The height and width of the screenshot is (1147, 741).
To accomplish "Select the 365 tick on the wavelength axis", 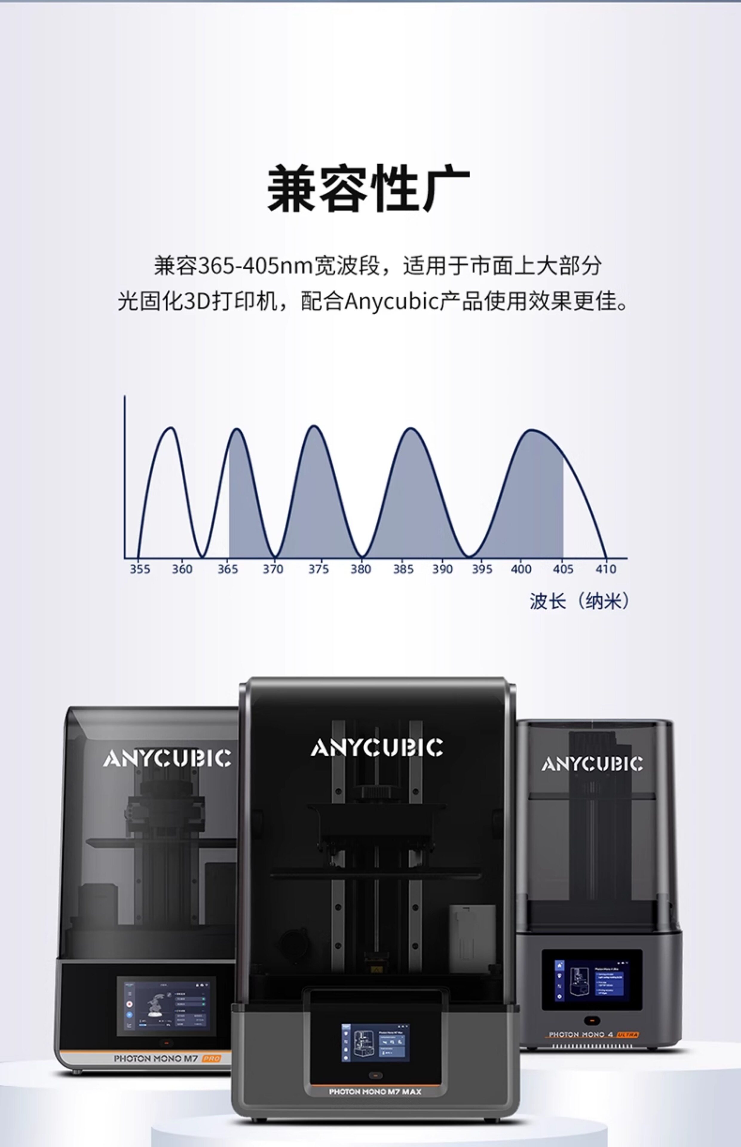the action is point(228,569).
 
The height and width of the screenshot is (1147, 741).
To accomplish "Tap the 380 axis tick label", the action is point(360,569).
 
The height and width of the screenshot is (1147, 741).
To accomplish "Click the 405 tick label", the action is point(563,569).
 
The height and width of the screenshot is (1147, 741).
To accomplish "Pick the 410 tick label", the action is point(606,569).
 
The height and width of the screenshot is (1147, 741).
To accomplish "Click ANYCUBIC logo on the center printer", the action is point(377,748).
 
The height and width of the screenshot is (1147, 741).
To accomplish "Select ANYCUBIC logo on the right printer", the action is point(592,764).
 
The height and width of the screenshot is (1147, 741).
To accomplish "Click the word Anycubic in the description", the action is point(391,302).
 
